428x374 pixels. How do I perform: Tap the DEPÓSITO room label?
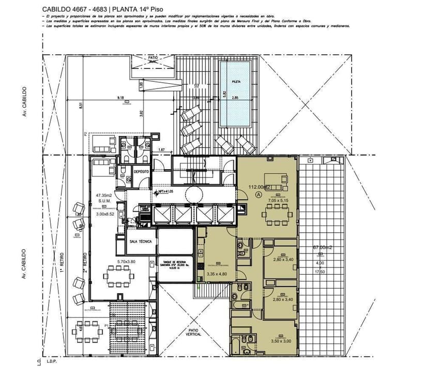coord(141,171)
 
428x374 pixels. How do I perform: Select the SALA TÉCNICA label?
coord(140,242)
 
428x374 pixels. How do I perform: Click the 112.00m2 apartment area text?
coord(260,187)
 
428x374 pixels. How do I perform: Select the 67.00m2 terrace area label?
coord(323,248)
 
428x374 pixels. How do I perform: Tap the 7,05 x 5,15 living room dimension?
coord(280,200)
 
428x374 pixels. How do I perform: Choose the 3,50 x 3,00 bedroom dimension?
coord(281,341)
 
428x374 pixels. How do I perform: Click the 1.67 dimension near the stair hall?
coord(161,150)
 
